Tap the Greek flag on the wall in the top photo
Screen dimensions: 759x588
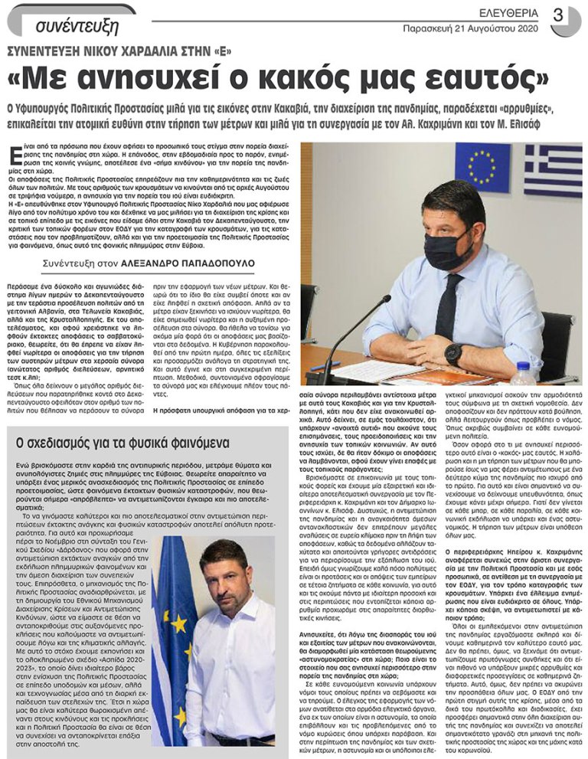553,170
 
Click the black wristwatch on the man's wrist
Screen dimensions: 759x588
453,353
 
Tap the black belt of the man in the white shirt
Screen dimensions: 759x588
243,739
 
